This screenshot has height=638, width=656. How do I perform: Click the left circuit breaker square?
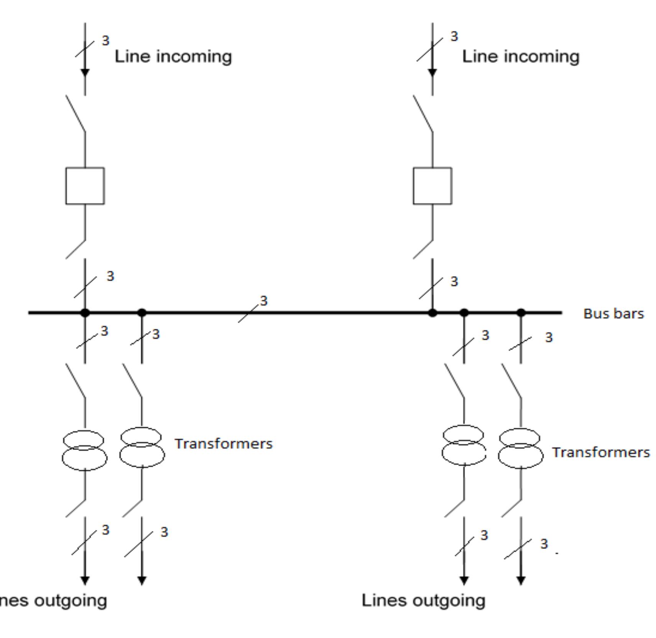pyautogui.click(x=85, y=186)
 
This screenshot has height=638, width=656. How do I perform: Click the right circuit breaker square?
pyautogui.click(x=432, y=186)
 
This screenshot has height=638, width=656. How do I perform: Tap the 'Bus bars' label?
pyautogui.click(x=613, y=314)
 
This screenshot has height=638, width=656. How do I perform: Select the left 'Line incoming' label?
pyautogui.click(x=173, y=57)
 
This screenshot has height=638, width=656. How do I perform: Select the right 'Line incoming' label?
pyautogui.click(x=521, y=57)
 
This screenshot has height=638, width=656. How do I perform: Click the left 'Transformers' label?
pyautogui.click(x=224, y=444)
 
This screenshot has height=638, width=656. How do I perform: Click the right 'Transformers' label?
pyautogui.click(x=601, y=453)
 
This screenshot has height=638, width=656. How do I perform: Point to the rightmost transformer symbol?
pyautogui.click(x=520, y=448)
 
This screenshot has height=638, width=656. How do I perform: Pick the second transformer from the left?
pyautogui.click(x=142, y=447)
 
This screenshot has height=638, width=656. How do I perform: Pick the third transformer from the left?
pyautogui.click(x=464, y=445)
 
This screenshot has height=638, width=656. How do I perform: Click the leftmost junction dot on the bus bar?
pyautogui.click(x=85, y=313)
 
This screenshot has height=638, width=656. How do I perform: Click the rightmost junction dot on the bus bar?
pyautogui.click(x=521, y=313)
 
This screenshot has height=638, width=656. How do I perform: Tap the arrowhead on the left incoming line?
pyautogui.click(x=85, y=73)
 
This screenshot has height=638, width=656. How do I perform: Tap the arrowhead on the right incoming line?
pyautogui.click(x=432, y=73)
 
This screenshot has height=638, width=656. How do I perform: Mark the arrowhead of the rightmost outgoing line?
pyautogui.click(x=521, y=580)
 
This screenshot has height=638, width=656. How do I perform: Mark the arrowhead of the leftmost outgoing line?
pyautogui.click(x=85, y=580)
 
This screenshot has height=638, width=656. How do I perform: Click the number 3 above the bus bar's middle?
pyautogui.click(x=263, y=301)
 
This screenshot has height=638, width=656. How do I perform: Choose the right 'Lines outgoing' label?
pyautogui.click(x=423, y=601)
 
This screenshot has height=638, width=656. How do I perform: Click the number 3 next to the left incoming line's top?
pyautogui.click(x=105, y=40)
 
